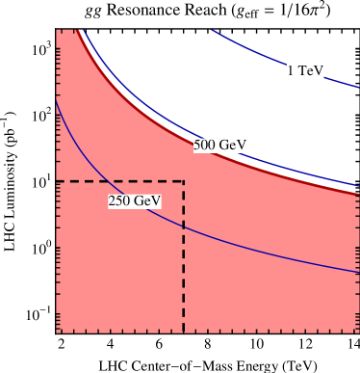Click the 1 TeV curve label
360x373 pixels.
(305, 71)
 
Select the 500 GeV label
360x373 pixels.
(219, 145)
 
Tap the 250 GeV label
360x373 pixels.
(134, 201)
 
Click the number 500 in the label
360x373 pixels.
(205, 145)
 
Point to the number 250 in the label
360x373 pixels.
(119, 201)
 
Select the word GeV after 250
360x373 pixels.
(146, 201)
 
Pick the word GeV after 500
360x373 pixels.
(233, 145)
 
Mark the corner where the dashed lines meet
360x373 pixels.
(184, 181)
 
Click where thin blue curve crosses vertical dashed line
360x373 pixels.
(184, 227)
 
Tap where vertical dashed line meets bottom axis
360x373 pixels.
(184, 333)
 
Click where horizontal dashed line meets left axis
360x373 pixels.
(57, 181)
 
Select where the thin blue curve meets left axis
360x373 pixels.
(57, 99)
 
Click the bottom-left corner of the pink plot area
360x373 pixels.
(57, 333)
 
